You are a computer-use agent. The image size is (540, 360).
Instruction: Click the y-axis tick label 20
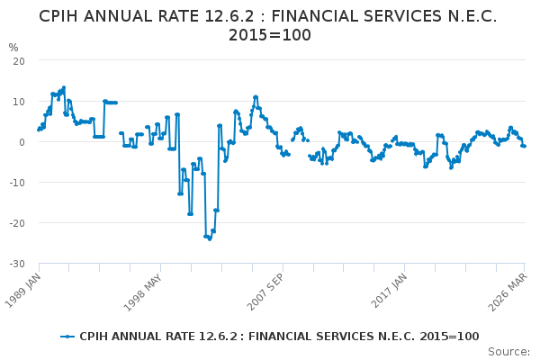18,60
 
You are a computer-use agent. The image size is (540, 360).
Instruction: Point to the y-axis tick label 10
18,101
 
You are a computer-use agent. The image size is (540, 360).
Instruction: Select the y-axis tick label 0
21,141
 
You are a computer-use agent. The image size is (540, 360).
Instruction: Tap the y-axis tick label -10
16,182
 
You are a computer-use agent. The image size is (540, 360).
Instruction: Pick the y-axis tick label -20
16,222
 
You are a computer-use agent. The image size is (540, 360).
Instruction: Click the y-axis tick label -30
16,263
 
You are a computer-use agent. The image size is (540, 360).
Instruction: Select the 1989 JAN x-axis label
24,290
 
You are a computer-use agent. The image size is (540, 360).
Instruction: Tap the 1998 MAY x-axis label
146,290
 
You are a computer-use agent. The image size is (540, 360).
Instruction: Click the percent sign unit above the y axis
13,47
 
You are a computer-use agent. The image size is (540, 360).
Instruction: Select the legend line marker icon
68,337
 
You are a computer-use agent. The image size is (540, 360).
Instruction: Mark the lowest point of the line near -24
210,238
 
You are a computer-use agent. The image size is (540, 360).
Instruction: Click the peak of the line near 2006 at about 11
256,97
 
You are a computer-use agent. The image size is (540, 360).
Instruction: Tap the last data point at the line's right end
524,146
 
